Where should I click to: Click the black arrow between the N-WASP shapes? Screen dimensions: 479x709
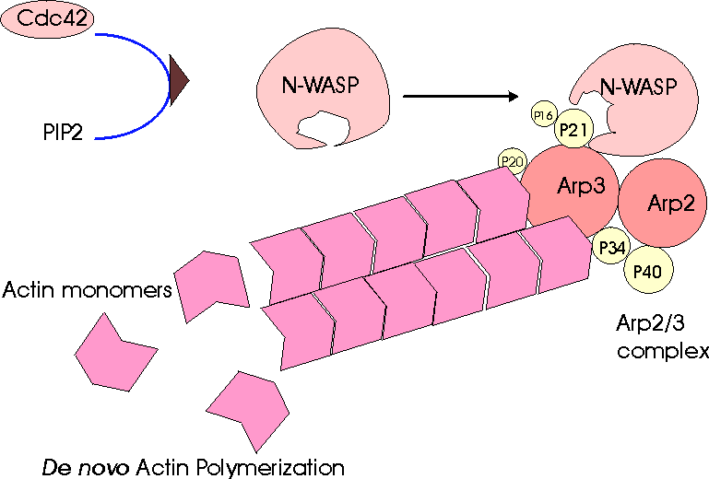[x=462, y=95]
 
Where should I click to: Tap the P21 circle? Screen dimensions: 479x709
[x=572, y=130]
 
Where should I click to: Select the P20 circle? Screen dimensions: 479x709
[x=512, y=162]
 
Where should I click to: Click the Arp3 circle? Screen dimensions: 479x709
[x=573, y=188]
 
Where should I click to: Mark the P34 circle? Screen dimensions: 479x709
[x=609, y=247]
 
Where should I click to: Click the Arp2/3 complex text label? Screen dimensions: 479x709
[x=661, y=337]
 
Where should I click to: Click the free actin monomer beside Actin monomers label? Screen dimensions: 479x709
[x=213, y=282]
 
